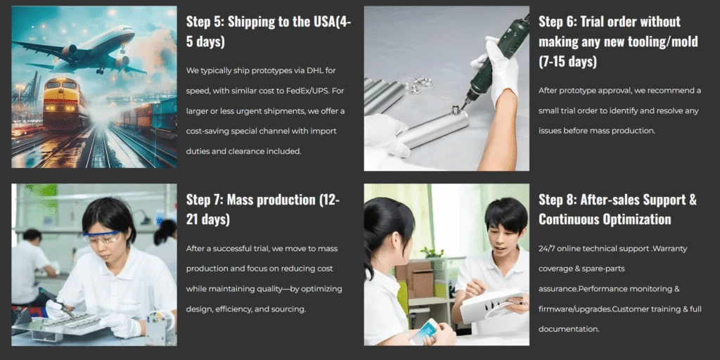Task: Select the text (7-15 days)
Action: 567,61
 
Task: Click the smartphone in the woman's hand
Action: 424,330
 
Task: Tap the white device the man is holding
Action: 491,305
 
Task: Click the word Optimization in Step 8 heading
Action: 640,219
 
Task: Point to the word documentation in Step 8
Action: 569,329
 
